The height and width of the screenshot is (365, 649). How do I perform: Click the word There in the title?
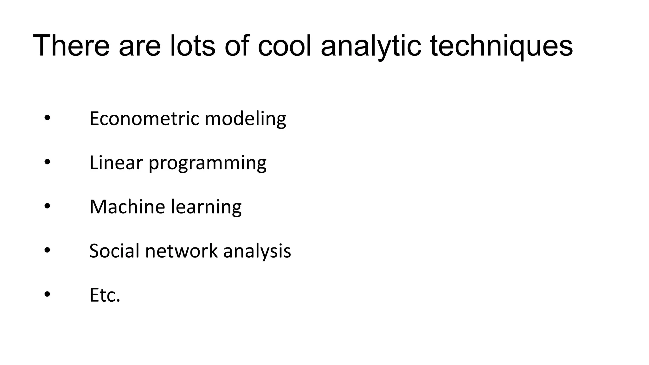[x=71, y=46]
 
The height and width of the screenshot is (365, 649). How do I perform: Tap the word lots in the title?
[x=192, y=46]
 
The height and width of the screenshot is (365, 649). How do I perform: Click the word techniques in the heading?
[x=501, y=46]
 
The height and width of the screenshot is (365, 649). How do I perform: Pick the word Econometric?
[x=145, y=118]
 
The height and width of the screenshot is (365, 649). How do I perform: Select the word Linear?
[x=116, y=163]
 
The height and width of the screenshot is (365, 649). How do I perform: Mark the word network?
[x=181, y=251]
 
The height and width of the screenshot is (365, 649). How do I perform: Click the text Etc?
[x=105, y=295]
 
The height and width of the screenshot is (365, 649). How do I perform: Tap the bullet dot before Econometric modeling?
[x=47, y=118]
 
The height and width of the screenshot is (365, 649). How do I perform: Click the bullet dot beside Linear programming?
[x=47, y=162]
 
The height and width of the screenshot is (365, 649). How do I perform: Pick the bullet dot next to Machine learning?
[x=47, y=206]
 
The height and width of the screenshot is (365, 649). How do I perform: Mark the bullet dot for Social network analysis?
[x=47, y=250]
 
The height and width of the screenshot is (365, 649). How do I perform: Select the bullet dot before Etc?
[x=47, y=294]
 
